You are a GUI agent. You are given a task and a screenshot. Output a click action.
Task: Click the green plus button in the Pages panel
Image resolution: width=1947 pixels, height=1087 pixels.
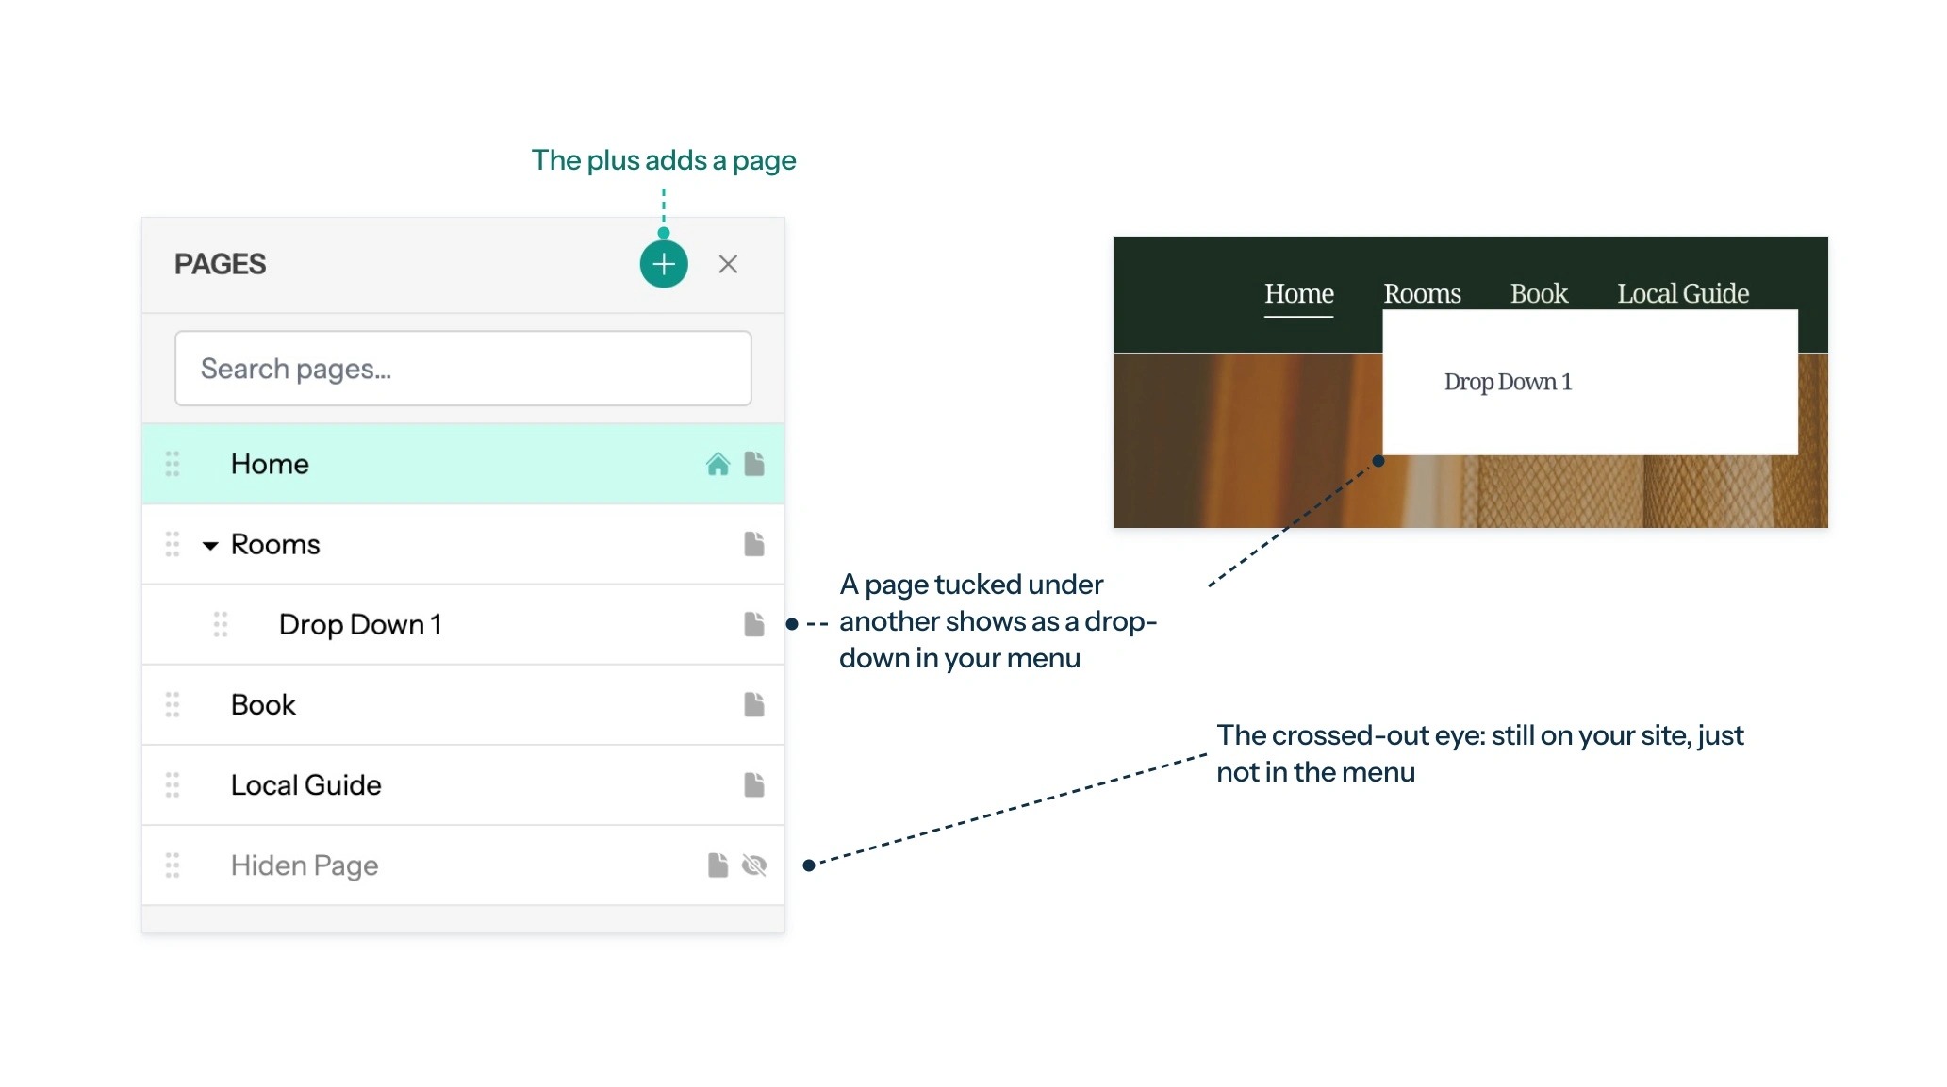click(x=664, y=264)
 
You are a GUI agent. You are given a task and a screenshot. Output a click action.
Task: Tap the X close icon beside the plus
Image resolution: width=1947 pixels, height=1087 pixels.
click(x=728, y=264)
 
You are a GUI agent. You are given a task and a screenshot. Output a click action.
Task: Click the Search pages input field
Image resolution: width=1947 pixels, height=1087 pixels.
click(x=463, y=369)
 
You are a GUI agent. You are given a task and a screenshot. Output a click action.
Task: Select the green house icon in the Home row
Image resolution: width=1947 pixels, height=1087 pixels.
click(x=718, y=464)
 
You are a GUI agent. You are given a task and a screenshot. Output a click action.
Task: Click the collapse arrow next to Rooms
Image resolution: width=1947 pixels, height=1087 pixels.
click(x=210, y=546)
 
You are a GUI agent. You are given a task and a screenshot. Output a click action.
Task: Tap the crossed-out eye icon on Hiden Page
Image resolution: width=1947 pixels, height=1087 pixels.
click(x=754, y=865)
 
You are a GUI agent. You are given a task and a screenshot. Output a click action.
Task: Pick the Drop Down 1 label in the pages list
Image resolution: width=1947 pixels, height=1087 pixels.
click(x=360, y=625)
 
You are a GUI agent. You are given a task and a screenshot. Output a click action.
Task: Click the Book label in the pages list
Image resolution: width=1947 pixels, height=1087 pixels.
click(x=263, y=705)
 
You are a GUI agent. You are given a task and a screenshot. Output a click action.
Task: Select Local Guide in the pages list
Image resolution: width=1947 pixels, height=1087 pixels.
click(x=306, y=785)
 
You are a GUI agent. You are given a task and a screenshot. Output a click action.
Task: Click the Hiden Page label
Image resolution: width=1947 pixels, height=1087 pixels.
click(x=305, y=866)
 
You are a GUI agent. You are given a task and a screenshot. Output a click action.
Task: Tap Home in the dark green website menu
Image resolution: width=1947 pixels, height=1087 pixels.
click(x=1299, y=294)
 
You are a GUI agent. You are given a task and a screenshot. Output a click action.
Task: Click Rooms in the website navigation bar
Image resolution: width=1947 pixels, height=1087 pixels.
click(x=1422, y=294)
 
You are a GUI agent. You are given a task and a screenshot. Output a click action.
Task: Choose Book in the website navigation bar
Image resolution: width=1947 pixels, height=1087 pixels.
click(x=1539, y=294)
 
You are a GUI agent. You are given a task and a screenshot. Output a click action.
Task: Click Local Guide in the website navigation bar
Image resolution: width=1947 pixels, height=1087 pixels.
click(x=1683, y=294)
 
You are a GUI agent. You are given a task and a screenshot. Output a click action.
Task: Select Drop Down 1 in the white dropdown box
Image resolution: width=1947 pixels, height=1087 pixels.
click(x=1508, y=382)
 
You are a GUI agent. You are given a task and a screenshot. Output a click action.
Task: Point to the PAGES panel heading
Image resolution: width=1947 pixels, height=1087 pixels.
click(x=220, y=264)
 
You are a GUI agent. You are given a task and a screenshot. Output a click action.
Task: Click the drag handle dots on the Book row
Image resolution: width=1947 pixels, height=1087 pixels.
click(x=173, y=705)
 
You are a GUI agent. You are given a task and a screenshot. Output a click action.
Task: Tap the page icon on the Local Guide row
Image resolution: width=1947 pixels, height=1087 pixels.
click(x=754, y=785)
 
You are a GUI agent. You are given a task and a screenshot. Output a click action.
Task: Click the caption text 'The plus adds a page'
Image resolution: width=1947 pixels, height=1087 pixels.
click(x=664, y=161)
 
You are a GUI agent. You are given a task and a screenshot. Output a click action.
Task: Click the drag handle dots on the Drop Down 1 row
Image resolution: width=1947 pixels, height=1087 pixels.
click(x=221, y=625)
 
